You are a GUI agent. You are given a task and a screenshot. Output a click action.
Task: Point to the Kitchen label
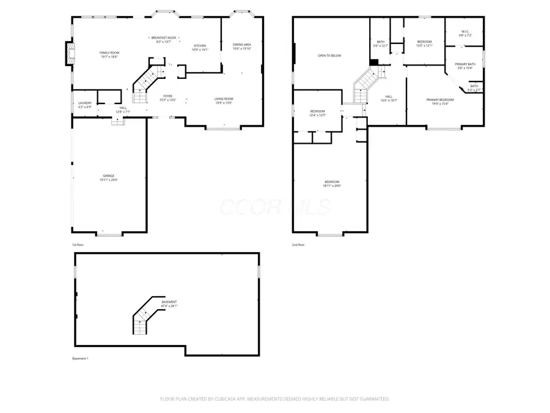click(x=200, y=48)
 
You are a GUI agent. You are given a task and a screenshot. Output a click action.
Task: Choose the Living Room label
click(x=223, y=100)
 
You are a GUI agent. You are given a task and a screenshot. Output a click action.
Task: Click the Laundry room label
click(x=84, y=105)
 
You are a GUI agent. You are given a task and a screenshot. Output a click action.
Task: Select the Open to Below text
click(x=329, y=56)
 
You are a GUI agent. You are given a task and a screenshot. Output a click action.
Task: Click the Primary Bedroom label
click(x=440, y=101)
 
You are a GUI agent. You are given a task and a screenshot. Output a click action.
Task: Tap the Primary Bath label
click(x=465, y=65)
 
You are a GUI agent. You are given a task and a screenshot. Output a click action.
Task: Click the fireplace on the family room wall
click(x=69, y=54)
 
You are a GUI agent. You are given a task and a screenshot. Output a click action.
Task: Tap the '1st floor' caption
click(x=78, y=245)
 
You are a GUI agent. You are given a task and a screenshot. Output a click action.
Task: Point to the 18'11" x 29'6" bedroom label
click(x=332, y=184)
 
